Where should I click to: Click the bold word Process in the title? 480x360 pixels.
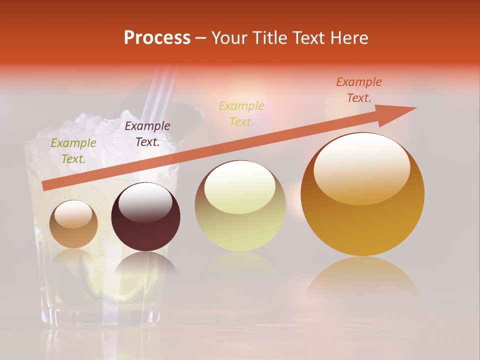pyautogui.click(x=157, y=38)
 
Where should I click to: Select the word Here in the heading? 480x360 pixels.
pyautogui.click(x=349, y=38)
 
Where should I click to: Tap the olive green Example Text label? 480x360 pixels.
pyautogui.click(x=73, y=151)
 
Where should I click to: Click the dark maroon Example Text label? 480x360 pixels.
pyautogui.click(x=147, y=134)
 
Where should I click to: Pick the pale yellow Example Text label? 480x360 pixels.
pyautogui.click(x=241, y=114)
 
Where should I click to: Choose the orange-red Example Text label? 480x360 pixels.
pyautogui.click(x=359, y=90)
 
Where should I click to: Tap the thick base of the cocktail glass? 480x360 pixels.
pyautogui.click(x=100, y=315)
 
